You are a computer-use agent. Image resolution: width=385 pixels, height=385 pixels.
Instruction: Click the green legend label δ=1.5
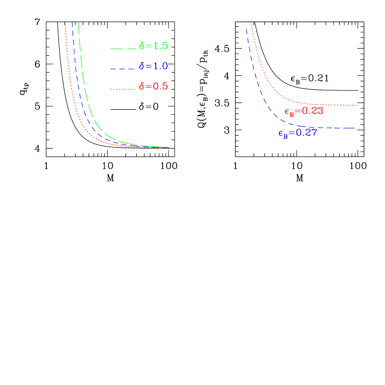(153, 46)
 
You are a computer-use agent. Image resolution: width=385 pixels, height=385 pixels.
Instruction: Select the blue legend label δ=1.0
(153, 66)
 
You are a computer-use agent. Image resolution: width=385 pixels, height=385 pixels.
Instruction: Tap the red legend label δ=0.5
(153, 86)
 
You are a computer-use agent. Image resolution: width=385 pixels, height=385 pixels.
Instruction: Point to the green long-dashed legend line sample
(123, 49)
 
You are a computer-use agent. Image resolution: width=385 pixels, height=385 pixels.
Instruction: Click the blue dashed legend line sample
(123, 69)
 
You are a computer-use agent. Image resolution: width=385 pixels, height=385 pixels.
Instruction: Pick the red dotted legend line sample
(123, 89)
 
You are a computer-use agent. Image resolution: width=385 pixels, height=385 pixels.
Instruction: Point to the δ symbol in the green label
(142, 46)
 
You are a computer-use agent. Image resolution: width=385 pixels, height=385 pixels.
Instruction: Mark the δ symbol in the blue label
(142, 66)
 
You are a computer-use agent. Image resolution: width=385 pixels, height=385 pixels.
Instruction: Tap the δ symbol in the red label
(142, 86)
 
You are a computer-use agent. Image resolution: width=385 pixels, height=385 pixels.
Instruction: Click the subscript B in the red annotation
(292, 114)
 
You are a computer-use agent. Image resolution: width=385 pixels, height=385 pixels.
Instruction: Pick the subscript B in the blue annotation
(285, 136)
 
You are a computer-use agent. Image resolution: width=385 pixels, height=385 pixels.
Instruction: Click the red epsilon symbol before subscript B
(287, 112)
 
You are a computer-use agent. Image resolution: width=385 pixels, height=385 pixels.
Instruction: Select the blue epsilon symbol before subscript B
(281, 133)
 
